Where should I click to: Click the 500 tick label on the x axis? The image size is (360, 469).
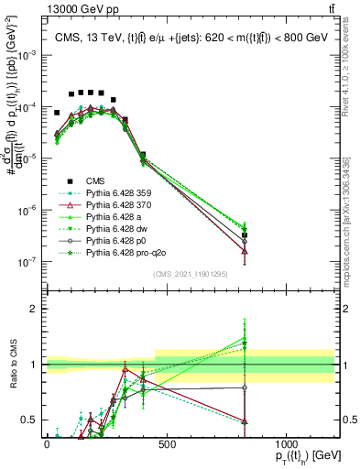[x=166, y=444]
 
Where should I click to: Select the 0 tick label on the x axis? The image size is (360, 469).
[x=47, y=444]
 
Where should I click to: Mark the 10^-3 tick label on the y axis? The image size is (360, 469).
[x=27, y=55]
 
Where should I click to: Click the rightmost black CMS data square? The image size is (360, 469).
[x=245, y=235]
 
